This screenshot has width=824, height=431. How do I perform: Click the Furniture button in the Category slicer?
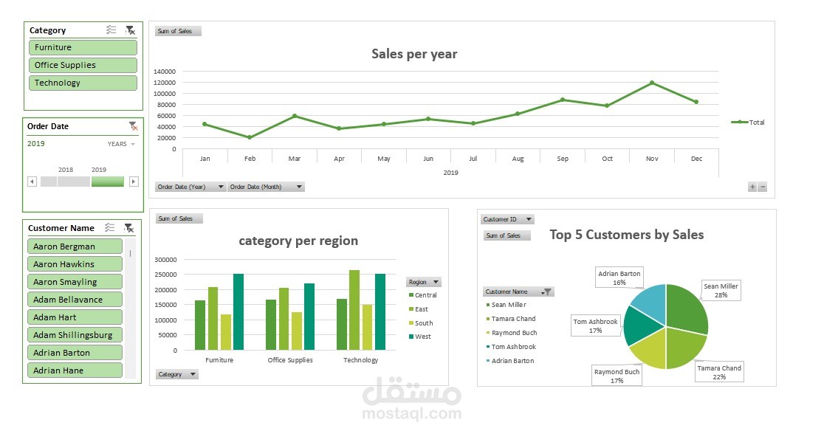(x=83, y=47)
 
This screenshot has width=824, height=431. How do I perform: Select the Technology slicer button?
(x=83, y=83)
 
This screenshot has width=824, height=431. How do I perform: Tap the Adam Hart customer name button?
(x=75, y=317)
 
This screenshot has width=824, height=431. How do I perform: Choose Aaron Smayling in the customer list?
(x=75, y=282)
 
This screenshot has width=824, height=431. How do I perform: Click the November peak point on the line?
(x=652, y=83)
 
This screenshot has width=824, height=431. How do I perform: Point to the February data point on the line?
(x=250, y=137)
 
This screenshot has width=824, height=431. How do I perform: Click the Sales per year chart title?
(x=414, y=54)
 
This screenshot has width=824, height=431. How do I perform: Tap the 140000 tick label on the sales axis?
(x=165, y=72)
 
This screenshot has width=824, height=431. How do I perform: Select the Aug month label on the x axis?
(x=518, y=159)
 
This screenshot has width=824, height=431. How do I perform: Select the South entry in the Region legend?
(x=423, y=323)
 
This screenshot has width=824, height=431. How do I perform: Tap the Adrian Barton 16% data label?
(x=619, y=277)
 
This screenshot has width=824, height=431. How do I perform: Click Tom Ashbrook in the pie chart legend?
(x=513, y=347)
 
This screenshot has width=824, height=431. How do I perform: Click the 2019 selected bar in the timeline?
(x=108, y=182)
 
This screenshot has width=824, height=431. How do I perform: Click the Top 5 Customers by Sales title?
(x=626, y=235)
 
